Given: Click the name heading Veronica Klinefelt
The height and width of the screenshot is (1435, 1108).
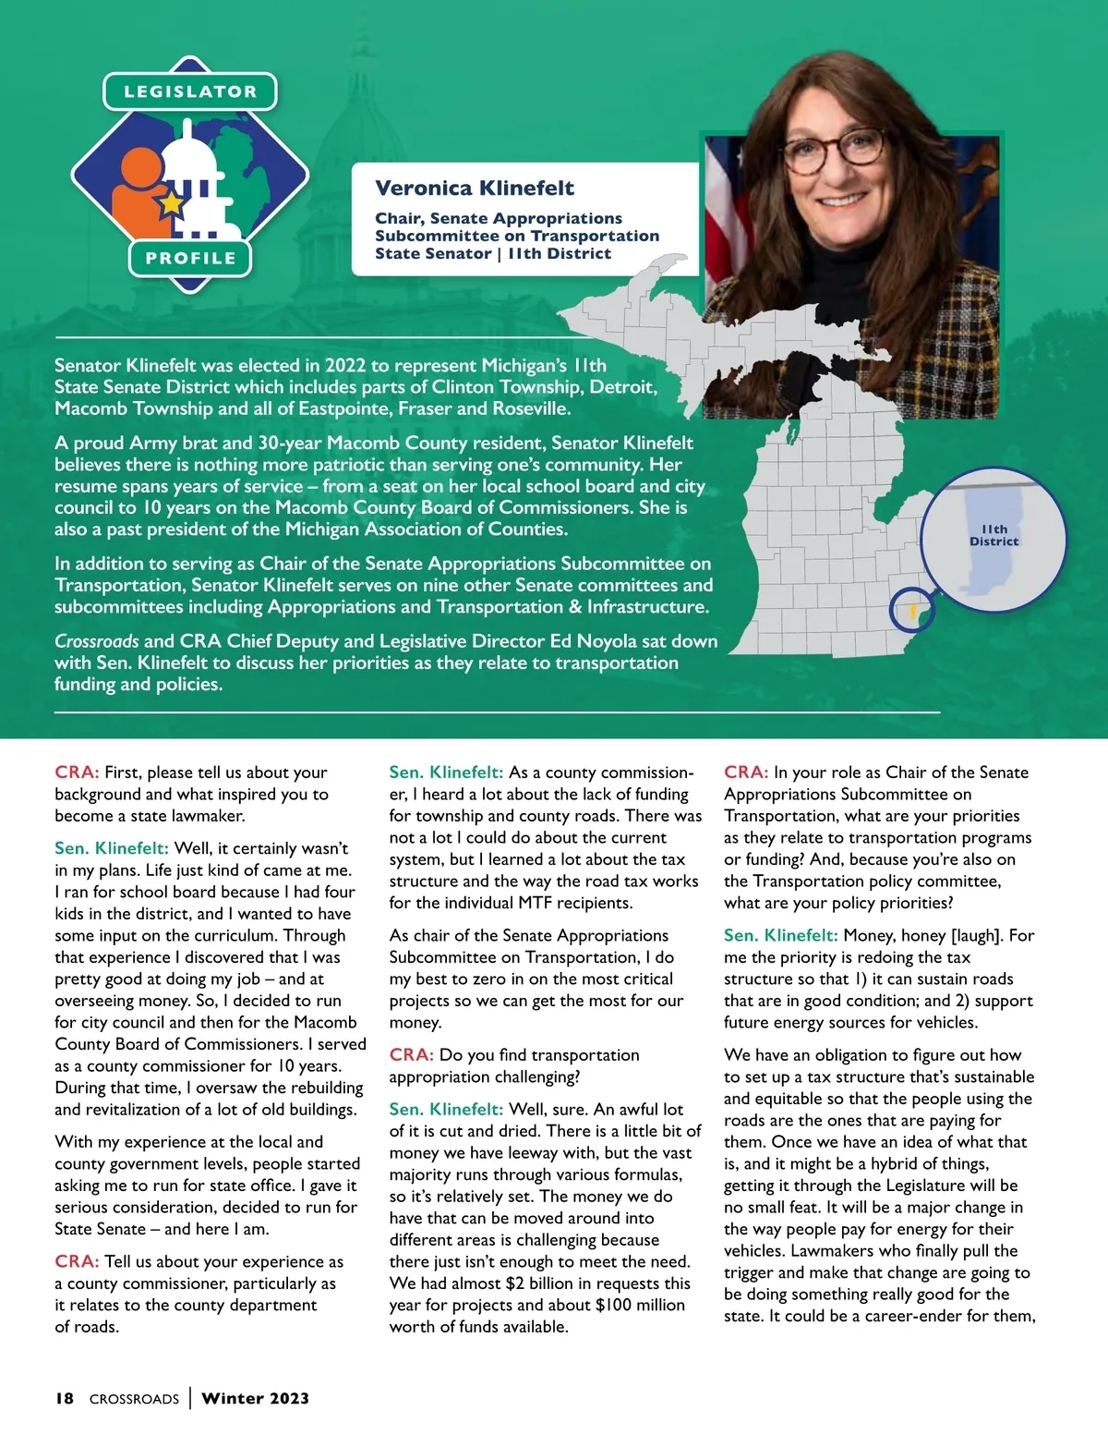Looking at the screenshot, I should (474, 188).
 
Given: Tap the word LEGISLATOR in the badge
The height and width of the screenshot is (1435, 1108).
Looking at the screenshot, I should (190, 91).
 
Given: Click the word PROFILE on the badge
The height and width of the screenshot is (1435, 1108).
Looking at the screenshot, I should (190, 258).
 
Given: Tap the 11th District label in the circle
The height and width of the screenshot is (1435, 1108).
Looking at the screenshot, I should (994, 535).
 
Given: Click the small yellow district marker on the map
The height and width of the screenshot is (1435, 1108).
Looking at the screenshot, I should (911, 611).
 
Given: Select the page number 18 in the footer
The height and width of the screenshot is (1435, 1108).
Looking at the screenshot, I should (65, 1398).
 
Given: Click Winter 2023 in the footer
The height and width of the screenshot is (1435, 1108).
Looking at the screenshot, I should (255, 1398).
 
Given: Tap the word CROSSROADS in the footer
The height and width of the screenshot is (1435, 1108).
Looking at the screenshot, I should (134, 1399).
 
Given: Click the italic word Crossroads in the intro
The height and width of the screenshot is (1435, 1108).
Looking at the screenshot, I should (96, 640).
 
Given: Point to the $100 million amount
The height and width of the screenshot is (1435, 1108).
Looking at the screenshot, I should (640, 1305).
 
